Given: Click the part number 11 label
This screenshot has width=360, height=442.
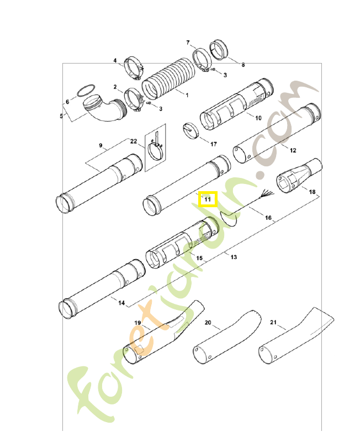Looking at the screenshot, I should (208, 198).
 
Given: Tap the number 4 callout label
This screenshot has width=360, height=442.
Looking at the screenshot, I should (115, 60).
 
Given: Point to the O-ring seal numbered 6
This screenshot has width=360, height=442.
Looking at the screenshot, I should (84, 90).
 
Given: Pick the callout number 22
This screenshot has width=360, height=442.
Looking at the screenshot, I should (133, 141).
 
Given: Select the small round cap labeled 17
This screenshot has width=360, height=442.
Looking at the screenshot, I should (191, 130).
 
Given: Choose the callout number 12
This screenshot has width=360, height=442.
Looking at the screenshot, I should (293, 150).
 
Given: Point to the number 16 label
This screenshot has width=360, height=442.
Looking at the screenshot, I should (268, 218).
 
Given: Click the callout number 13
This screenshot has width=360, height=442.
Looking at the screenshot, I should (234, 257).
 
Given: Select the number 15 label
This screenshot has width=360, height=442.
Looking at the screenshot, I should (199, 258).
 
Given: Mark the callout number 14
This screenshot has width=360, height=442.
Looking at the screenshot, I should (121, 303).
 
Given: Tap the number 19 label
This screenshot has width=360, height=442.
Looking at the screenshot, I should (138, 322).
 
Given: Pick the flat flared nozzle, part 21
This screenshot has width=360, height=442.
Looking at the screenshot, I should (293, 334).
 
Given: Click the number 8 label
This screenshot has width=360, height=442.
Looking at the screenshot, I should (243, 65).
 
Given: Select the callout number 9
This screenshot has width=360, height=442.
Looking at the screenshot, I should (101, 145).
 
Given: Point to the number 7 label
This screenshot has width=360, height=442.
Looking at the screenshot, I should (188, 43).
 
